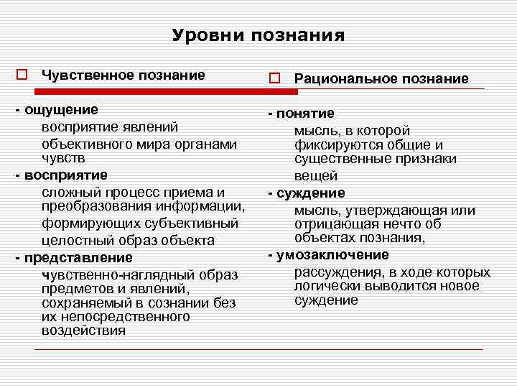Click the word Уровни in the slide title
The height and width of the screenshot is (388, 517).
(x=207, y=35)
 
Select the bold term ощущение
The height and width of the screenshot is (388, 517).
(x=62, y=110)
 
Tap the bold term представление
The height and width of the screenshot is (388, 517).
(x=78, y=257)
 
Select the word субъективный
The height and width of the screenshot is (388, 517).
(x=195, y=223)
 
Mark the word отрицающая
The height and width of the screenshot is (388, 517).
(x=330, y=224)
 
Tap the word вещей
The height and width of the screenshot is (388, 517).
(x=315, y=176)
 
